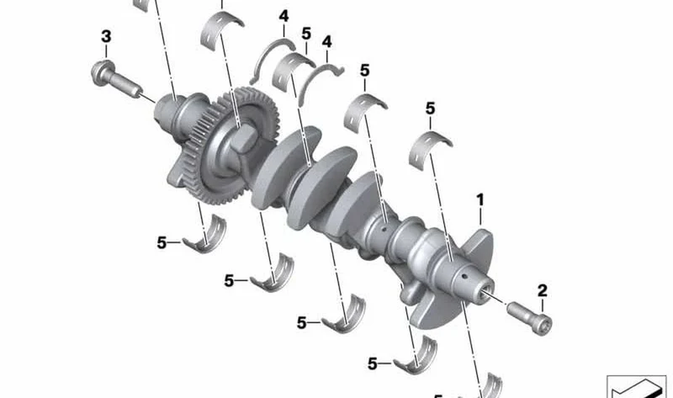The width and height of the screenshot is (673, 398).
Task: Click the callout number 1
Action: [480, 199]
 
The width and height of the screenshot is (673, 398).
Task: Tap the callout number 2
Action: [543, 290]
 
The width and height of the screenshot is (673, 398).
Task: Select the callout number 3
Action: [106, 36]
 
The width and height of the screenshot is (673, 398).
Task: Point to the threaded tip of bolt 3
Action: [135, 91]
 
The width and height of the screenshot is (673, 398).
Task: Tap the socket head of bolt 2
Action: [540, 324]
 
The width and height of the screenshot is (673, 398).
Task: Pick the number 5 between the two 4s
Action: [306, 34]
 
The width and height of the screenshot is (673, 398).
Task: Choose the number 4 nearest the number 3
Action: [284, 16]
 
